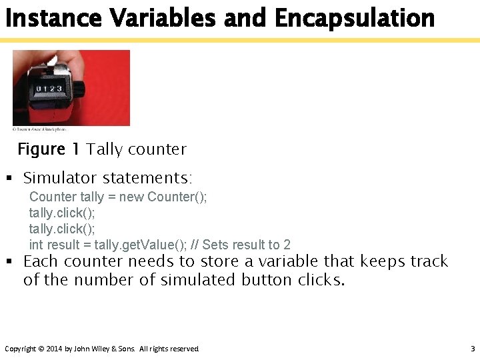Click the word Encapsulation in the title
[x=354, y=18]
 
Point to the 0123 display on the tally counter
[x=50, y=89]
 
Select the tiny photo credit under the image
[x=40, y=129]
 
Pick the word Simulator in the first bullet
[x=59, y=178]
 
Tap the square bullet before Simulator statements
[x=9, y=179]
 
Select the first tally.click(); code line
[x=62, y=213]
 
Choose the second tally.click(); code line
[x=62, y=229]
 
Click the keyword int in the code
[x=35, y=245]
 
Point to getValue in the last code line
[x=144, y=245]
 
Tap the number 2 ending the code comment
[x=287, y=245]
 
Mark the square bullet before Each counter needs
[x=9, y=261]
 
